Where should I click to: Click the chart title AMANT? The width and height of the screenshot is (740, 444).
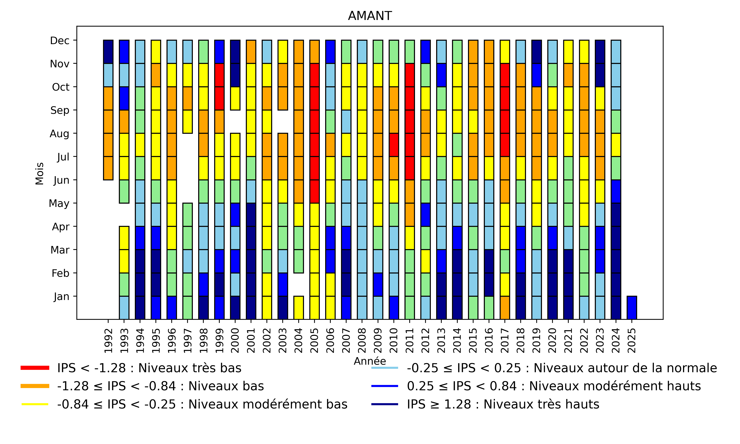coord(370,16)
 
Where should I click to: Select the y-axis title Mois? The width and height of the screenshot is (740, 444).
coord(40,174)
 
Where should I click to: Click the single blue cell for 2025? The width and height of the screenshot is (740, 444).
coord(631,308)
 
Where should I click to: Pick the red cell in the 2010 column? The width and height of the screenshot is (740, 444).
coord(394,145)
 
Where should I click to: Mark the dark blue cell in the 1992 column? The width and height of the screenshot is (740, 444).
coord(108,52)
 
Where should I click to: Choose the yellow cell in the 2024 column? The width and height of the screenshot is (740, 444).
coord(616,145)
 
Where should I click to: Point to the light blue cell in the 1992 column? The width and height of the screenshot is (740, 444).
coord(108,75)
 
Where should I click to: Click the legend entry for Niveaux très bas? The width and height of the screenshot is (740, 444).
coord(149,368)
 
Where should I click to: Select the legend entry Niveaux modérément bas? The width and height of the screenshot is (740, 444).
coord(202,404)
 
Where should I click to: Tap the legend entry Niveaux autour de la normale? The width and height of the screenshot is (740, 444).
coord(561,368)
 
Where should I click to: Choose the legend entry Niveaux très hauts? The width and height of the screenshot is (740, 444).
coord(503,404)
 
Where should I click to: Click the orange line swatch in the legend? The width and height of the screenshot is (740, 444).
coord(35,386)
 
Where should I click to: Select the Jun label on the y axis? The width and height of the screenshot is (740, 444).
coord(61,180)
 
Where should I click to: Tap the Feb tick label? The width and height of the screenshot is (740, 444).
coord(60,273)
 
